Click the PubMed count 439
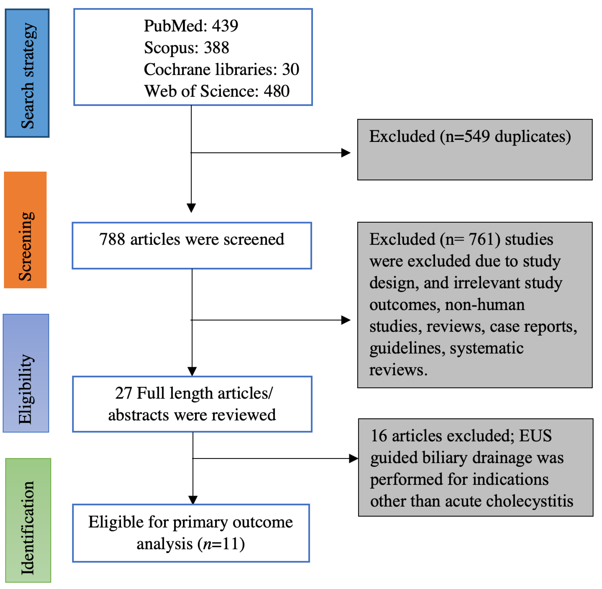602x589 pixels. tap(225, 26)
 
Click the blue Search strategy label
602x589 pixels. tap(27, 73)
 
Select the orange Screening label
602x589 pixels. tap(25, 230)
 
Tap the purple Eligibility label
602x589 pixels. tap(26, 373)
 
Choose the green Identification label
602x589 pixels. tap(28, 520)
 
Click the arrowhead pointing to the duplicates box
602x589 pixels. tap(345, 153)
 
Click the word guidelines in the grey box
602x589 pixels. tap(407, 348)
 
